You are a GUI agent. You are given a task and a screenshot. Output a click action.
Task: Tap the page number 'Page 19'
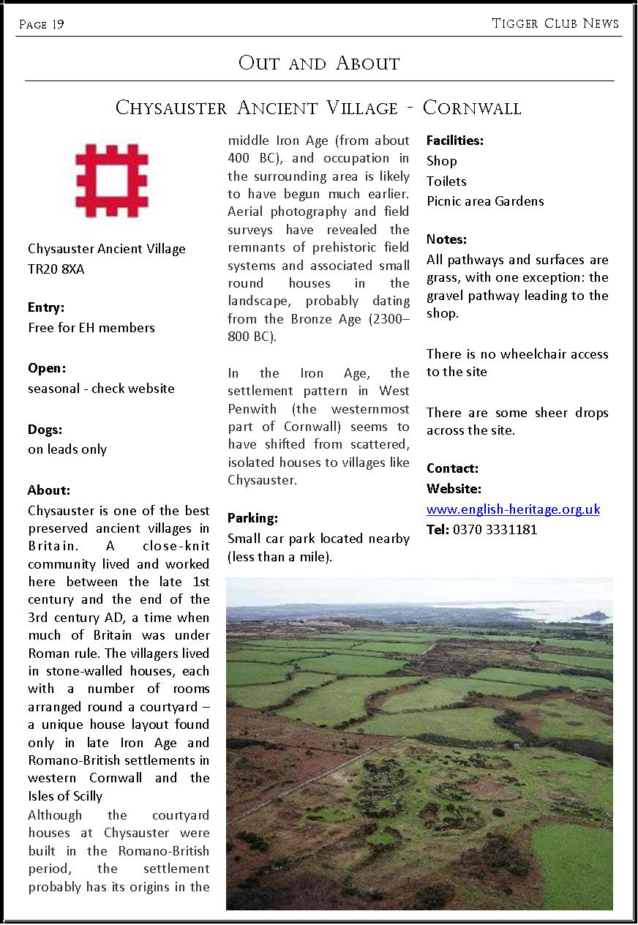[41, 25]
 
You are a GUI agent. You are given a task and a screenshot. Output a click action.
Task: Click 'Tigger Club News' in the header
[555, 23]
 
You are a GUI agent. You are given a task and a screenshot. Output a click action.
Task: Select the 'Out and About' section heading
[319, 63]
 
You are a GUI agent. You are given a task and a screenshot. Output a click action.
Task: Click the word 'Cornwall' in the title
[472, 108]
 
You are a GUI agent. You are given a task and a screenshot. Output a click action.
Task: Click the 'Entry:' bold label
[46, 307]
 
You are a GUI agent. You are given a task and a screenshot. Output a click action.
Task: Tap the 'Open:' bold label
[47, 368]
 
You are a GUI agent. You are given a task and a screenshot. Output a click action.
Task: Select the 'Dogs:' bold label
[45, 430]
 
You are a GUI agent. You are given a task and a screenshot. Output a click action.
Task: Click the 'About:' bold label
[49, 490]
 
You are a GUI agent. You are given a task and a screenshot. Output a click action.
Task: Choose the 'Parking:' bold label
[252, 518]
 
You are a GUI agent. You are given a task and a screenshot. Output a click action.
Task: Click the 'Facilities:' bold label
[455, 141]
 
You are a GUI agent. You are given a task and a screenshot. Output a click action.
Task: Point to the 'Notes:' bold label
[446, 239]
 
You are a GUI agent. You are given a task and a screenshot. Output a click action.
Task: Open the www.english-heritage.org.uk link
[513, 509]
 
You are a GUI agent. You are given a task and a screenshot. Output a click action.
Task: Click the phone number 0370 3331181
[495, 530]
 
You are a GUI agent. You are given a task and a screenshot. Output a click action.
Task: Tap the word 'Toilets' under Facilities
[446, 181]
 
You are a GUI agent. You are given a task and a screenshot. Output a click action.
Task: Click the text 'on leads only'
[67, 449]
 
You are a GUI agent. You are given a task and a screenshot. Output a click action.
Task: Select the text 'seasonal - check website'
[101, 389]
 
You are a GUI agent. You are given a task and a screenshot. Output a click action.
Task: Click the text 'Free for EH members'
[91, 328]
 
